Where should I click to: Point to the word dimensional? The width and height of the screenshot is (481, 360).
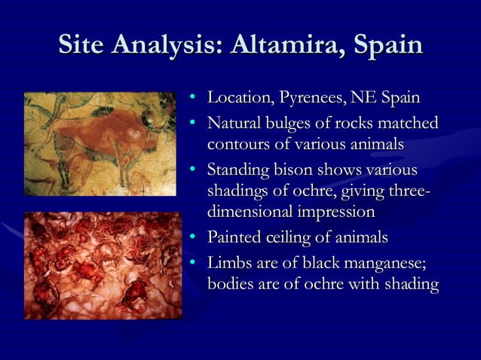(x=251, y=212)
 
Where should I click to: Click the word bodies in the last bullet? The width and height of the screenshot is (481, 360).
(x=230, y=284)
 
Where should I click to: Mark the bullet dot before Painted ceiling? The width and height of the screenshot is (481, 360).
(x=193, y=238)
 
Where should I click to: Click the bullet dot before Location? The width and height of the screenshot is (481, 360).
(x=193, y=99)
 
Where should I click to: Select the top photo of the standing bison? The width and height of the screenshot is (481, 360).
(x=100, y=144)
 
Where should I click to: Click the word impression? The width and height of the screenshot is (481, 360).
(x=337, y=212)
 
